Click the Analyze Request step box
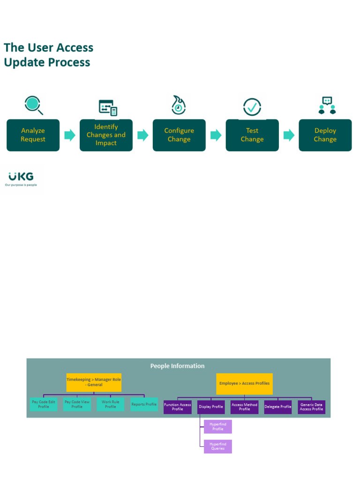[33, 135]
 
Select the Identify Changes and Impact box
[106, 135]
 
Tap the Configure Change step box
[179, 135]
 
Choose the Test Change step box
[252, 135]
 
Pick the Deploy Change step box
[325, 135]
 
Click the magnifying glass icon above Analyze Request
[34, 105]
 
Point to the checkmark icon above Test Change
[252, 107]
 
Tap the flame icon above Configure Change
[178, 105]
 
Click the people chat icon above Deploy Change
[327, 105]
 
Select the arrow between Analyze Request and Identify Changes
[70, 135]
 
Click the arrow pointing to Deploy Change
[289, 135]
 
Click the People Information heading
[177, 366]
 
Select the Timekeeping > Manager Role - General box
[94, 382]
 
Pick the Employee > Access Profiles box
[244, 383]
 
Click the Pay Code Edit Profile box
[44, 404]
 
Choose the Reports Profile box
[144, 404]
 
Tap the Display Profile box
[211, 407]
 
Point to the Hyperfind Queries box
[218, 446]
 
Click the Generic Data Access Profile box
[312, 407]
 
